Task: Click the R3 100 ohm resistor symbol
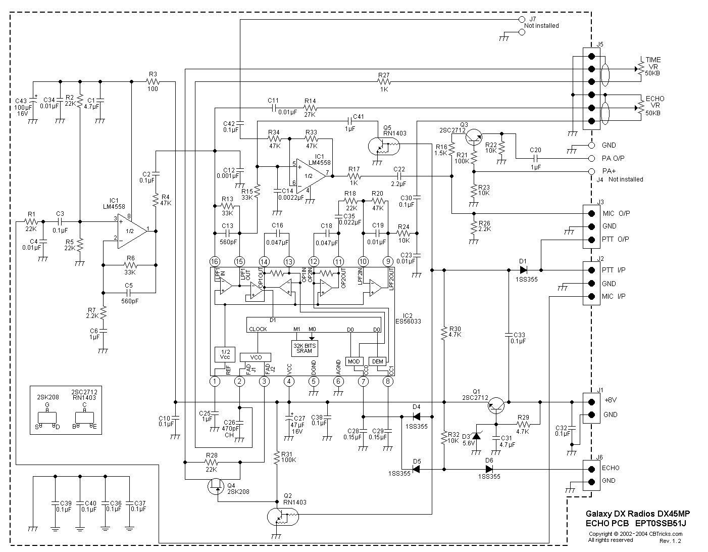pos(153,81)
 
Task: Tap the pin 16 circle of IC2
pos(215,261)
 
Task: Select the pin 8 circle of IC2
pos(388,381)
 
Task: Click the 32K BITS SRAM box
pos(305,348)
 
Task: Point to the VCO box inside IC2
pos(256,357)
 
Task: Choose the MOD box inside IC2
pos(353,361)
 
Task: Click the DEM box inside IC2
pos(378,361)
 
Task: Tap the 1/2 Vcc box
pos(225,354)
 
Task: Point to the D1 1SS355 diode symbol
pos(523,270)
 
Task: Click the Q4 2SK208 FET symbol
pos(216,486)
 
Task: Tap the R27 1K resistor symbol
pos(384,81)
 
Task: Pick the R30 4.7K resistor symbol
pos(444,333)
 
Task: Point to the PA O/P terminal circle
pos(592,158)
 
